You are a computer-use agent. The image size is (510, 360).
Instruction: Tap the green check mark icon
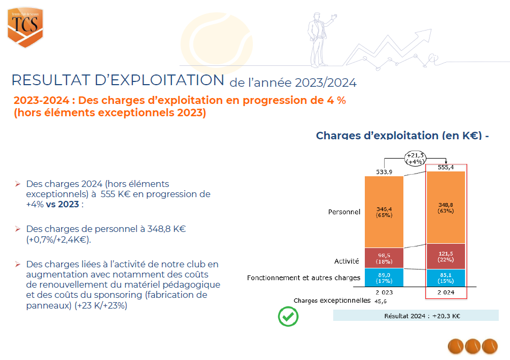288,317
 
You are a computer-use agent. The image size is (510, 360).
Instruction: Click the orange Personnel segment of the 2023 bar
384,212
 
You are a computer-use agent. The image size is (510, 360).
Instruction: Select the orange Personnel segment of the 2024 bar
446,208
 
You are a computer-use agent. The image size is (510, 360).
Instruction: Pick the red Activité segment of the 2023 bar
384,258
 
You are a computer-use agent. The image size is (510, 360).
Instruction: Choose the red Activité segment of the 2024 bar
446,256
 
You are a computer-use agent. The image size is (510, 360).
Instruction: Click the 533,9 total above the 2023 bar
384,172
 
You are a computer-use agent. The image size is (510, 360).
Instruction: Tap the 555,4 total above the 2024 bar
446,167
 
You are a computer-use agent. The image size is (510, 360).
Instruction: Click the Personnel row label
344,212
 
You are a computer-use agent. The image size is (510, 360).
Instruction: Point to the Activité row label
346,261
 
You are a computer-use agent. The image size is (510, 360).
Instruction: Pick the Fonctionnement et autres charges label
303,278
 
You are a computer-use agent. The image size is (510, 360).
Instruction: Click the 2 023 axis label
384,292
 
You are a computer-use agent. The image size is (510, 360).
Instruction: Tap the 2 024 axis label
446,292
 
